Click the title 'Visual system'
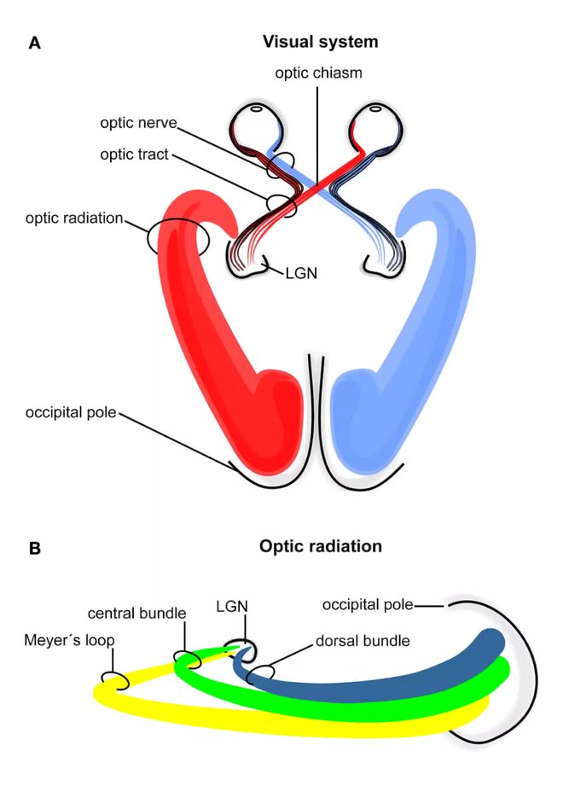click(320, 42)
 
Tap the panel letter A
click(35, 43)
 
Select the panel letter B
click(35, 548)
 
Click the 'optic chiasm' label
click(318, 73)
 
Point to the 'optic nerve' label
click(137, 123)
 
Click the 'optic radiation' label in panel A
click(74, 218)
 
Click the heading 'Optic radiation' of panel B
click(320, 546)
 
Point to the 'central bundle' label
click(136, 614)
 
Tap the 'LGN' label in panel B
click(231, 607)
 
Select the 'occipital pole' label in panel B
click(368, 605)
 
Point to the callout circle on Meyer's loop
click(115, 680)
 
